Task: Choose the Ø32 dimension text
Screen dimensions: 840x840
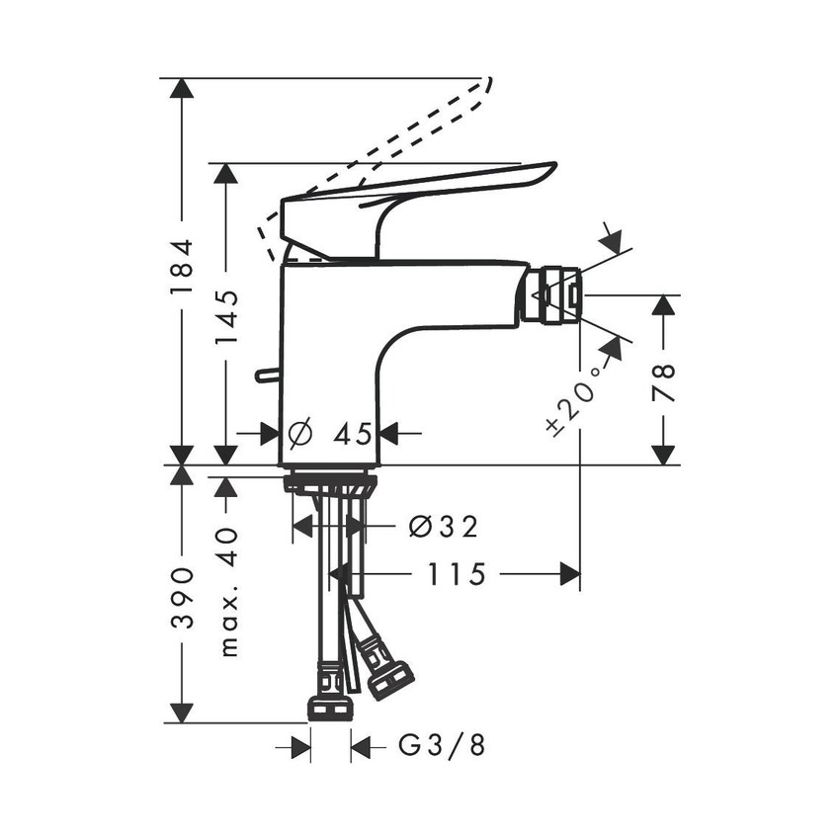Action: (443, 527)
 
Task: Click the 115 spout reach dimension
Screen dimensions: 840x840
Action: (459, 574)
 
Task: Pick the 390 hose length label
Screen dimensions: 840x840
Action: (180, 597)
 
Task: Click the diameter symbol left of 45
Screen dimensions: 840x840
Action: (299, 433)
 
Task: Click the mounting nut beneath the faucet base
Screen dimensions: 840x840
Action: (329, 485)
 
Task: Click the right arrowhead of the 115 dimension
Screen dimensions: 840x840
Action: (569, 574)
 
